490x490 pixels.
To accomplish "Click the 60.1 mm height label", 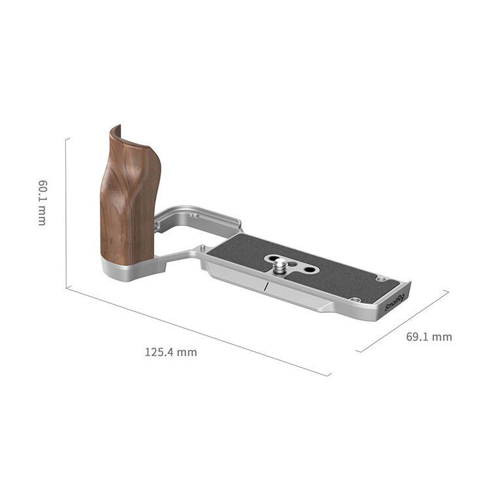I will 41,203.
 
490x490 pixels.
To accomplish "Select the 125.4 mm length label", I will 171,352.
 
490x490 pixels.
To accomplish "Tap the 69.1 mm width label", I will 429,337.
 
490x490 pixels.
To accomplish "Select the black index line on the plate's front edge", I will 267,286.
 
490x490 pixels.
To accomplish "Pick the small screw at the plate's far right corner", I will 380,279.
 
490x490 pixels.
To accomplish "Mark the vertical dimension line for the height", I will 66,212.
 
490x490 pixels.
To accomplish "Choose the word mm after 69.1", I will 442,337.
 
